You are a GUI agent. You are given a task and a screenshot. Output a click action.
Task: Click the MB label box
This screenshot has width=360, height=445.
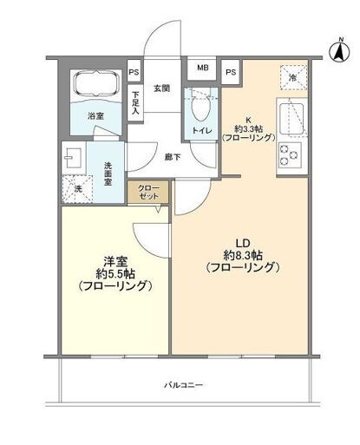click(202, 68)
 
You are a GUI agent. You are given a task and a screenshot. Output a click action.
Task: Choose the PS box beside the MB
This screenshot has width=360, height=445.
click(232, 72)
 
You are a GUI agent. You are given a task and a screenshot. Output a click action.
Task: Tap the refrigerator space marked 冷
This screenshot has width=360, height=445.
click(292, 78)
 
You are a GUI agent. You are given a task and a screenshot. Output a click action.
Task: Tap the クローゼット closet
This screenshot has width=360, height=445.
click(143, 192)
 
